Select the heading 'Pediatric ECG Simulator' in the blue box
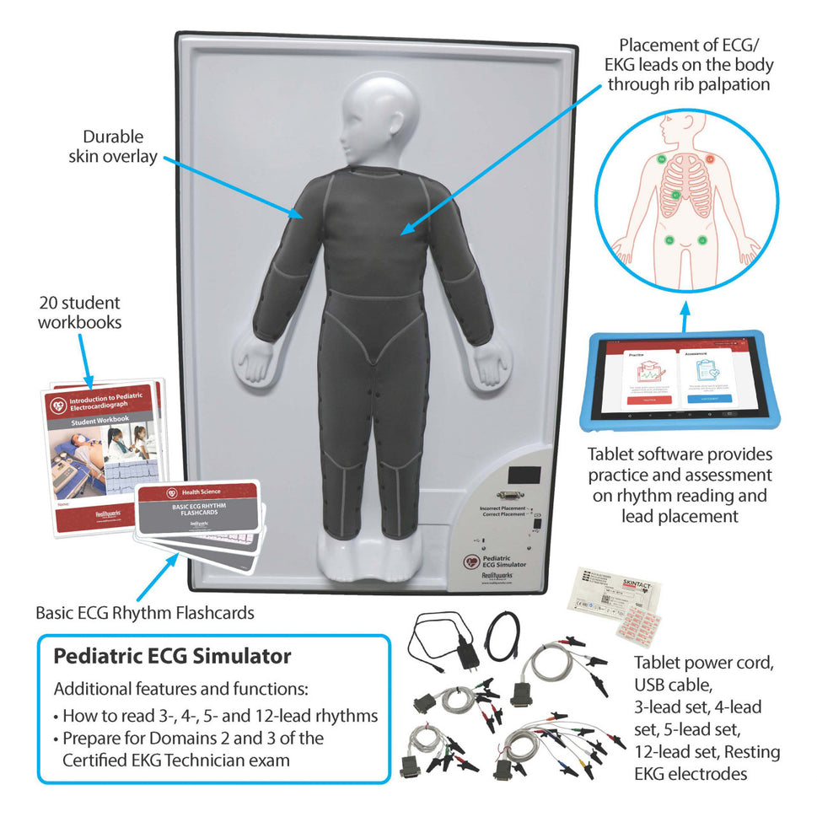pos(173,656)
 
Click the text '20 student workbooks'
pos(79,312)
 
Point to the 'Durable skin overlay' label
pos(113,146)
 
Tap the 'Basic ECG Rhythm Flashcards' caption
pos(144,612)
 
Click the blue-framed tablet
pos(686,382)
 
